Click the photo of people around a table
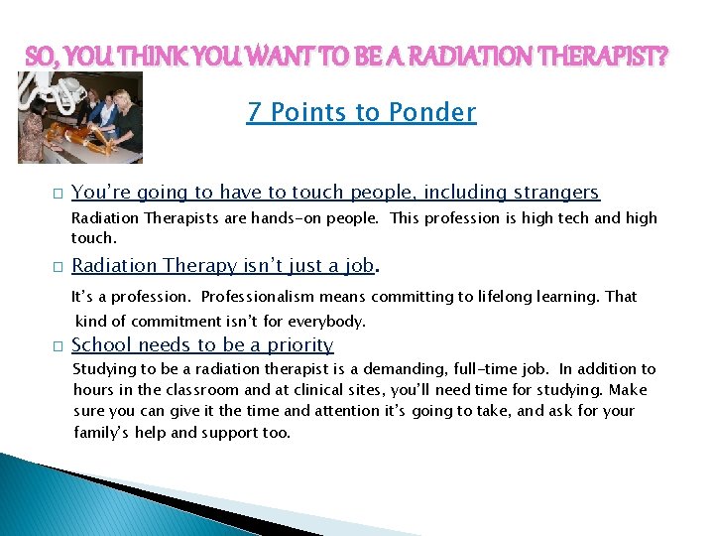80,118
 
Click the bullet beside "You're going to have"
59,194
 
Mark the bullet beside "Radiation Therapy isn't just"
59,267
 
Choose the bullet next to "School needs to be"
59,346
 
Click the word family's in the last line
103,433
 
